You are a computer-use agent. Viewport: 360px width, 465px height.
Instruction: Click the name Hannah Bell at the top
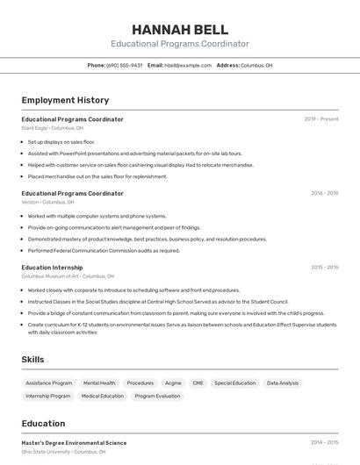pos(179,29)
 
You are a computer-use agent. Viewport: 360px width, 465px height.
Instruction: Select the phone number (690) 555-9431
pos(125,65)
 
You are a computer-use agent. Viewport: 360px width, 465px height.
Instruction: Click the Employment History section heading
pos(65,100)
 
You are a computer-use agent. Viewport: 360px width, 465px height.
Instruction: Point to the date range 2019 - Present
pos(321,119)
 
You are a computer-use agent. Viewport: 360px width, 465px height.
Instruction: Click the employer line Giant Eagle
pos(53,128)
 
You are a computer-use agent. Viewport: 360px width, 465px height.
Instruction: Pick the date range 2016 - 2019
pos(324,193)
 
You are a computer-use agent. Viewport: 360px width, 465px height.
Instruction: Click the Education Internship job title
pos(52,267)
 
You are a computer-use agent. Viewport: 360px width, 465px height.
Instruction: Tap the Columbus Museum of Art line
pos(68,275)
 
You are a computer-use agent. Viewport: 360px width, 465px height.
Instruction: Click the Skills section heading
pos(32,359)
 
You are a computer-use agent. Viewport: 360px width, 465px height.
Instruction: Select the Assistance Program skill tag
pos(49,383)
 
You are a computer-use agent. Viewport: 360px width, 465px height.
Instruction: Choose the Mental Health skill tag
pos(99,383)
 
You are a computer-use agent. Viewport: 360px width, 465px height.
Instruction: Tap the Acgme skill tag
pos(173,383)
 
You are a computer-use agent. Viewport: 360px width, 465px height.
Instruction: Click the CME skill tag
pos(198,383)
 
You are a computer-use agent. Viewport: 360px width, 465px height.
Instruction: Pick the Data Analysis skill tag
pos(283,383)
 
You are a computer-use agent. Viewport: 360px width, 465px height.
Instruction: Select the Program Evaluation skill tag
pos(157,396)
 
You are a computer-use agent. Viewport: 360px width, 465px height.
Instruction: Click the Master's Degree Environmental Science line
pos(74,443)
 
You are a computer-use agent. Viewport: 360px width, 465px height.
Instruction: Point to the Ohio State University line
pos(63,452)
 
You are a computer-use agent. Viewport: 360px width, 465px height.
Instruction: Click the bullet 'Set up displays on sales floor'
pos(61,141)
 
